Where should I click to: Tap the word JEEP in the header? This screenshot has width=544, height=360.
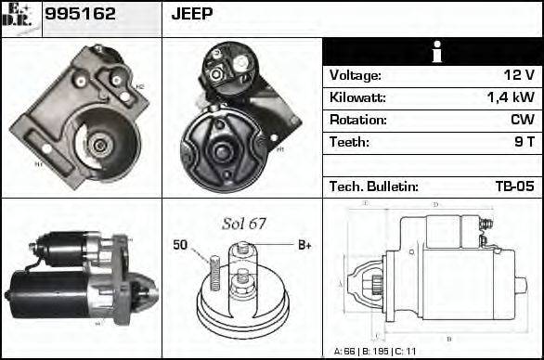coord(192,14)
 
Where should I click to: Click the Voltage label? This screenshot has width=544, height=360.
coord(356,75)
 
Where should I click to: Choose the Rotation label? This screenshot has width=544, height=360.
coord(357,120)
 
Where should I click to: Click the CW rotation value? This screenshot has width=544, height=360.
coord(523,120)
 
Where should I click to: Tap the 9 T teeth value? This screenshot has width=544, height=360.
coord(524,142)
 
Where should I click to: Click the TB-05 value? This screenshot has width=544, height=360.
coord(514,186)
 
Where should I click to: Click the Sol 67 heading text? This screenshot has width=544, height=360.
coord(243,224)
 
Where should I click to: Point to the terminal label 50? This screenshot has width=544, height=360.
coord(181,246)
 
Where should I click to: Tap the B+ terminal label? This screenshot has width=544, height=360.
coord(304,246)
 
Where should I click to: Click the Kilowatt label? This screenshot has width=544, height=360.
coord(357,97)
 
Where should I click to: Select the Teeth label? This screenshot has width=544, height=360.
coord(349,142)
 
